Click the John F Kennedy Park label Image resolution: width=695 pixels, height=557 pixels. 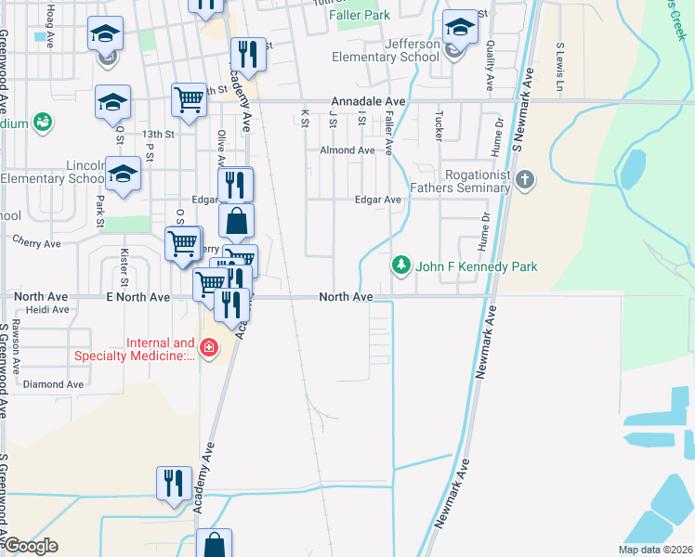pyautogui.click(x=476, y=266)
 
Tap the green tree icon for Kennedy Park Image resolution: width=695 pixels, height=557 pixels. pyautogui.click(x=401, y=266)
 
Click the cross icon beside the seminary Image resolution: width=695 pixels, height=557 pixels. pyautogui.click(x=525, y=179)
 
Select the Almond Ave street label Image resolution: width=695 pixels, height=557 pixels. pyautogui.click(x=347, y=149)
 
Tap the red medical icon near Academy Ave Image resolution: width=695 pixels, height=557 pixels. pyautogui.click(x=209, y=348)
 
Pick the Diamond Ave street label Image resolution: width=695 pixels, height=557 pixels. pyautogui.click(x=53, y=384)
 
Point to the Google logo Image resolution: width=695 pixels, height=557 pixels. pyautogui.click(x=30, y=546)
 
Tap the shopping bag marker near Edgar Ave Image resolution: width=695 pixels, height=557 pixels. pyautogui.click(x=237, y=221)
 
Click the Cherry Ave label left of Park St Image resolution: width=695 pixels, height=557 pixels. pyautogui.click(x=36, y=243)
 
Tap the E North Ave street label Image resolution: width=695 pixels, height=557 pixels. pyautogui.click(x=138, y=297)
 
